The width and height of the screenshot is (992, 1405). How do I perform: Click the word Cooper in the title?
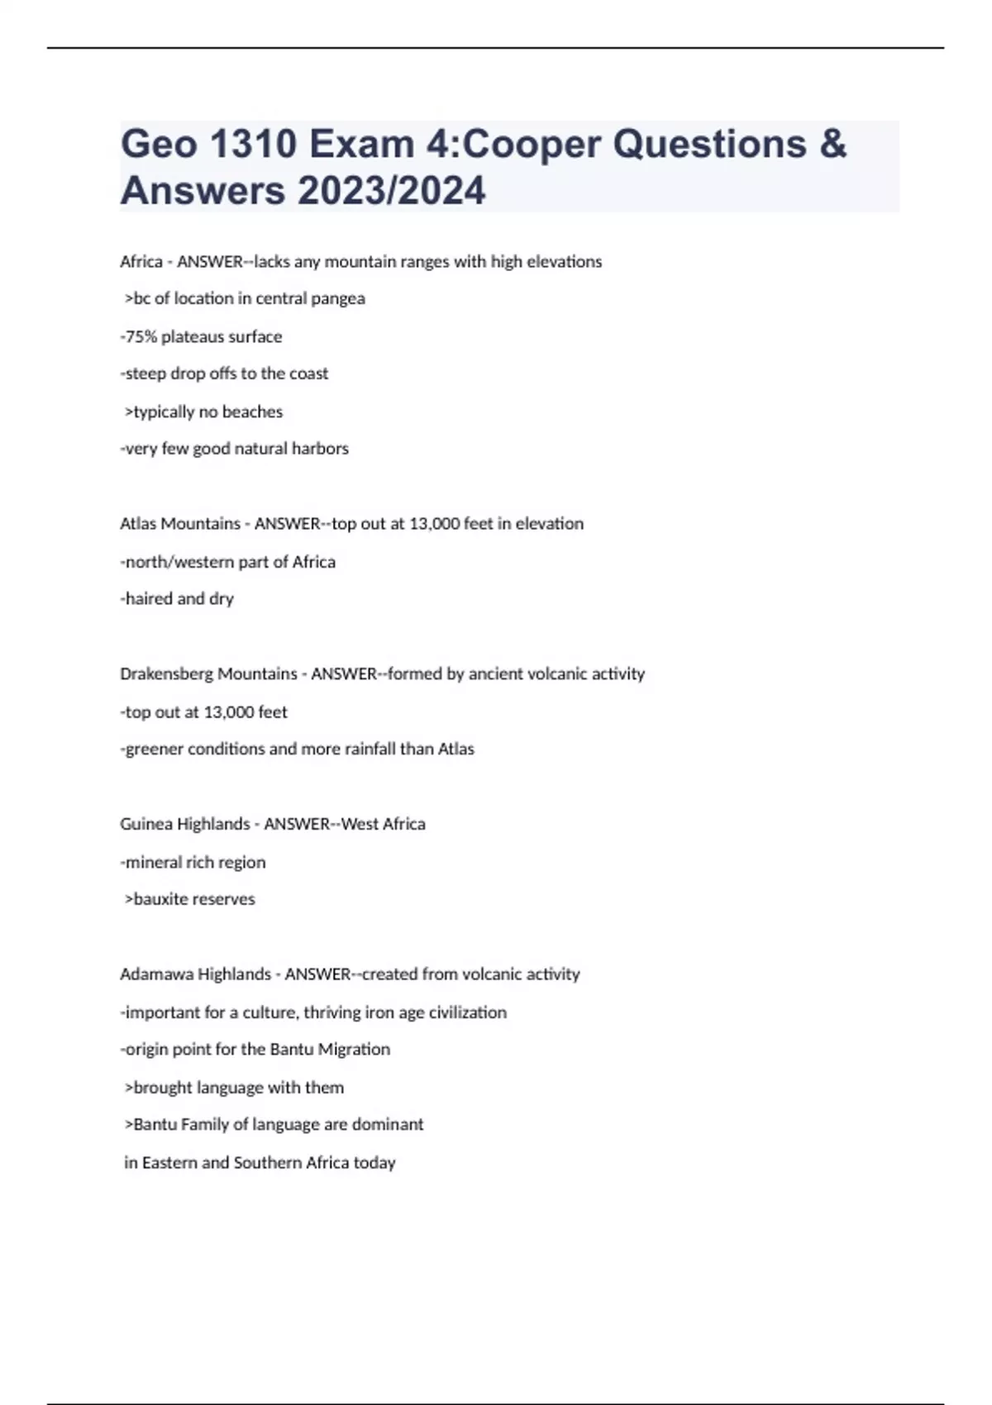tap(532, 145)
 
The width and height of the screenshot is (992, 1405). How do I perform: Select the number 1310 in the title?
tap(253, 145)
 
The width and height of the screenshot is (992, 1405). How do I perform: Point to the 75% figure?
tap(141, 336)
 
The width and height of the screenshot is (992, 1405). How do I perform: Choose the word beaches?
tap(252, 412)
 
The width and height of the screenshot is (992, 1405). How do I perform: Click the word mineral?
tap(153, 862)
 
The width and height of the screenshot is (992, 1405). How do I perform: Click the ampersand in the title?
tap(833, 145)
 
